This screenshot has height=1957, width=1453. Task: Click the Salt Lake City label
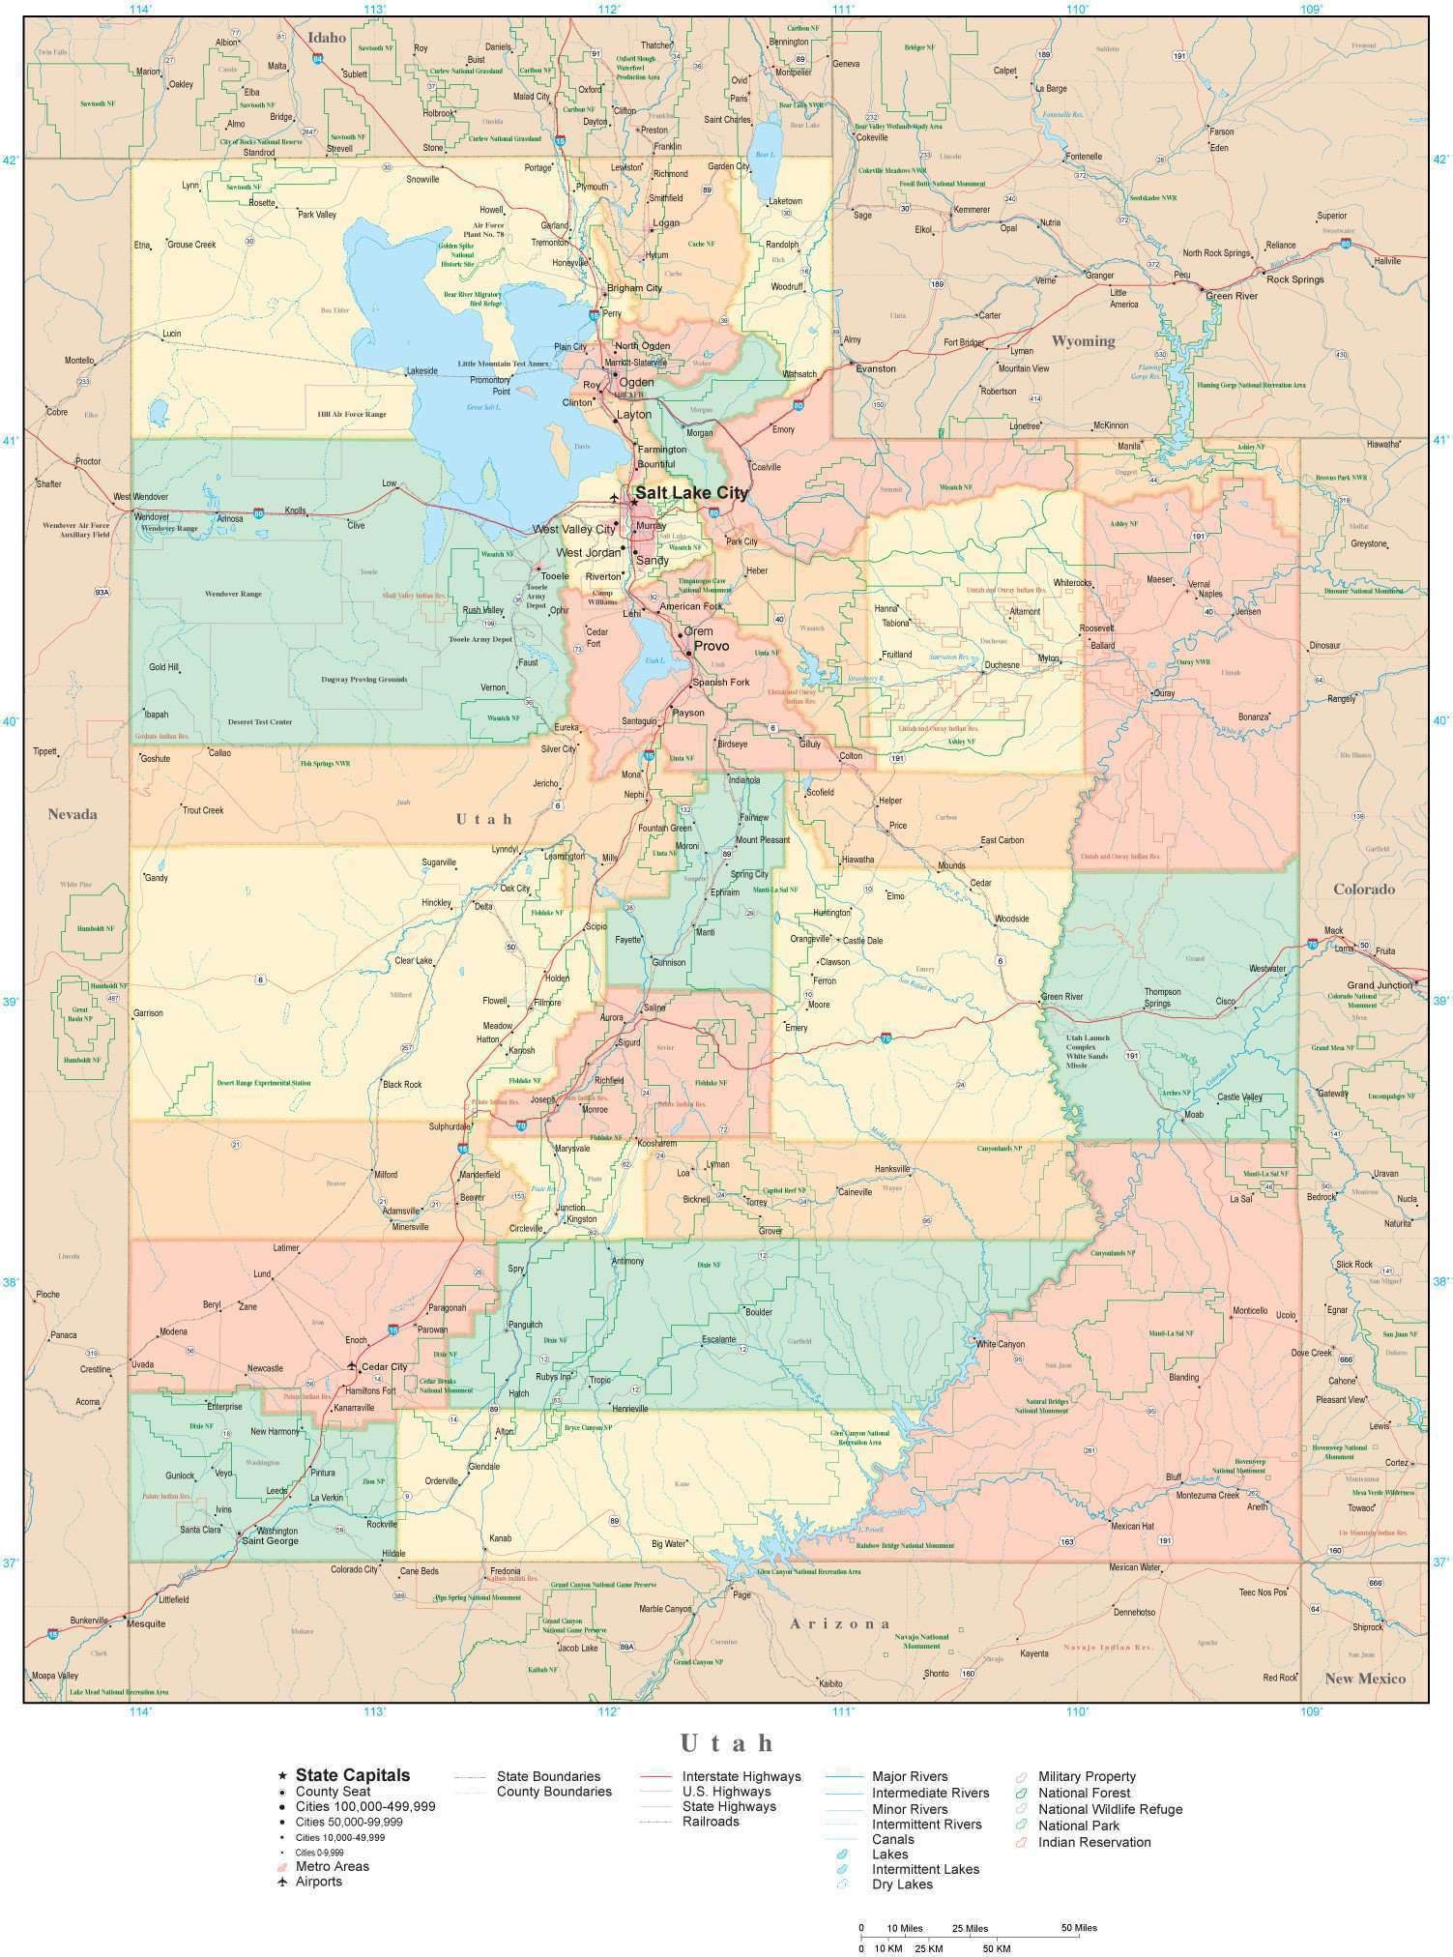coord(691,492)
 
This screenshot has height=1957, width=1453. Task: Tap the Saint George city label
coord(266,1540)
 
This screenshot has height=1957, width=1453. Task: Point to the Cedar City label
coord(384,1366)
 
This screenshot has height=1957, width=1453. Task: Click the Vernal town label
coord(1199,583)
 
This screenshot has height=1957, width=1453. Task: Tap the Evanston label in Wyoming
coord(875,368)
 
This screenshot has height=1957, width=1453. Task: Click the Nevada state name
coord(73,814)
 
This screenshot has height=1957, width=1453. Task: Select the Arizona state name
coord(838,1623)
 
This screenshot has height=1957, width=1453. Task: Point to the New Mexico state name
coord(1364,1678)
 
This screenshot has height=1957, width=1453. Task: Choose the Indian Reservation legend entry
coord(1093,1842)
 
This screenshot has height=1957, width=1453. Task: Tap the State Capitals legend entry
coord(352,1774)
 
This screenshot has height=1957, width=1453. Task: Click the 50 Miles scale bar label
coord(1079,1928)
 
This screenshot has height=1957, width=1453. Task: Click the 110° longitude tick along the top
coord(1077,9)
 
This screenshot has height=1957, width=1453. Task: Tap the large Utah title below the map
coord(726,1742)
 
